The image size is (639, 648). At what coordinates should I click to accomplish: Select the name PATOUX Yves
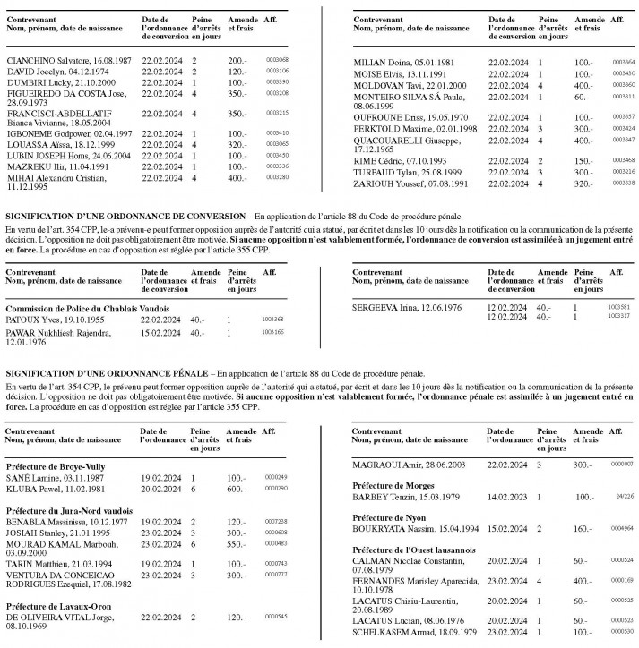(36, 319)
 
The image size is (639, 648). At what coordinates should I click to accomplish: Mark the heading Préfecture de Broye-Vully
(56, 465)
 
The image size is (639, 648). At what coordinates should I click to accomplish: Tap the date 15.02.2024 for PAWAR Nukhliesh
(161, 332)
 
